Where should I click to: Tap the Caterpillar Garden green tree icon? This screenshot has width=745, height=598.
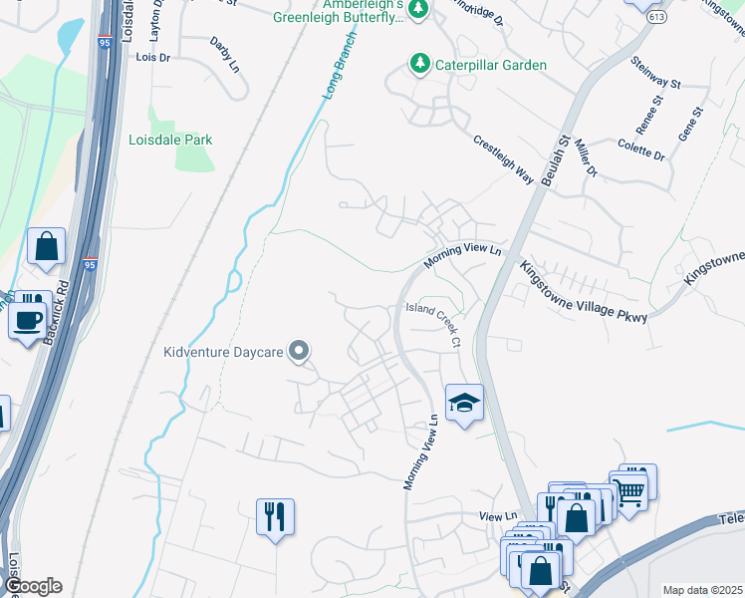[419, 65]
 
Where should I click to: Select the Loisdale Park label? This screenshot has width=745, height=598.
[170, 141]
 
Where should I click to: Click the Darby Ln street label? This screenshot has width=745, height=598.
[224, 55]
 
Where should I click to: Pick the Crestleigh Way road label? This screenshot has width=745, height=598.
[504, 158]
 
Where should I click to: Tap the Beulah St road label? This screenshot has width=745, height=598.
[558, 157]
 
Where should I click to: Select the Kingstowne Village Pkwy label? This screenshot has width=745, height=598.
[583, 291]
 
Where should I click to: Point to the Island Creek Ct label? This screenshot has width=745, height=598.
[434, 325]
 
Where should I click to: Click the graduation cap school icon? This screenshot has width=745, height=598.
[464, 403]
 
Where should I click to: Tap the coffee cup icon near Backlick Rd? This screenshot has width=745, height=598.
[27, 321]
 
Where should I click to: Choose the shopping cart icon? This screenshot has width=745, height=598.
[627, 488]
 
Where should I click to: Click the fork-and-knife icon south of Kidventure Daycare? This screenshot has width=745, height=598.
[275, 516]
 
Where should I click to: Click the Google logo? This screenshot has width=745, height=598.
[32, 586]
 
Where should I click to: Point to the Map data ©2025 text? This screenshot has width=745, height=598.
[702, 590]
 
